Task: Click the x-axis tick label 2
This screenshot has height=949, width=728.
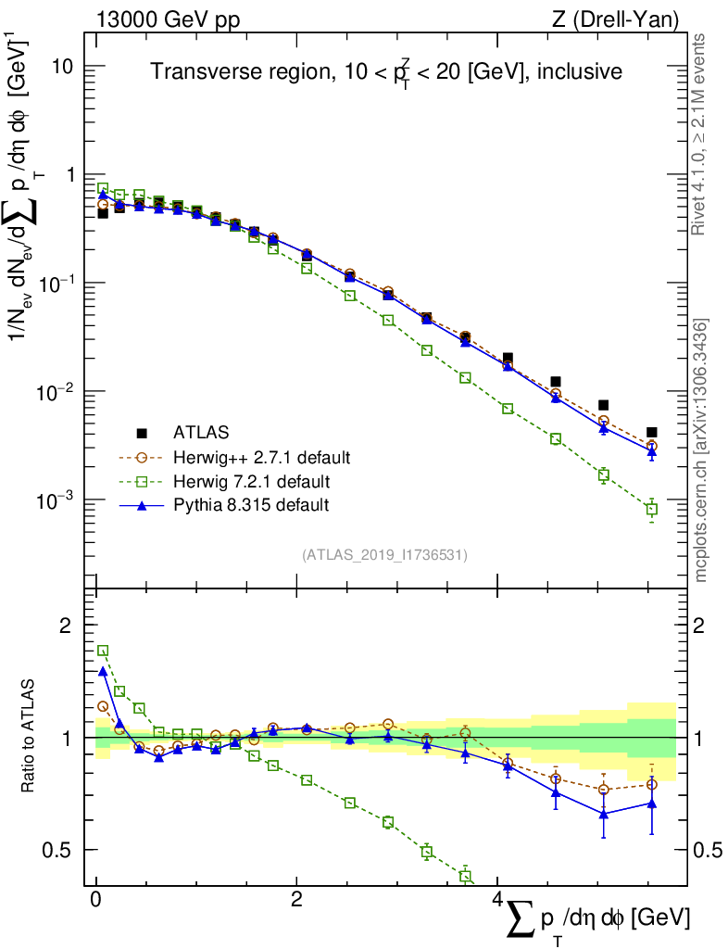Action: pos(295,900)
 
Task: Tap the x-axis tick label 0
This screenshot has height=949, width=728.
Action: pos(95,900)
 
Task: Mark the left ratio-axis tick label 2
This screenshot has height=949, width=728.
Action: pos(66,626)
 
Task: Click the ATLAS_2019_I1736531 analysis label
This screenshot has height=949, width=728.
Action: pos(384,555)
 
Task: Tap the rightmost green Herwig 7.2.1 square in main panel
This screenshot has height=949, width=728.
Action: pos(652,510)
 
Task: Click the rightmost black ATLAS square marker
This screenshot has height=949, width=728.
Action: pos(652,432)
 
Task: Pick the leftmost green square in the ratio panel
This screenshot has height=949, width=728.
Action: pos(103,651)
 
